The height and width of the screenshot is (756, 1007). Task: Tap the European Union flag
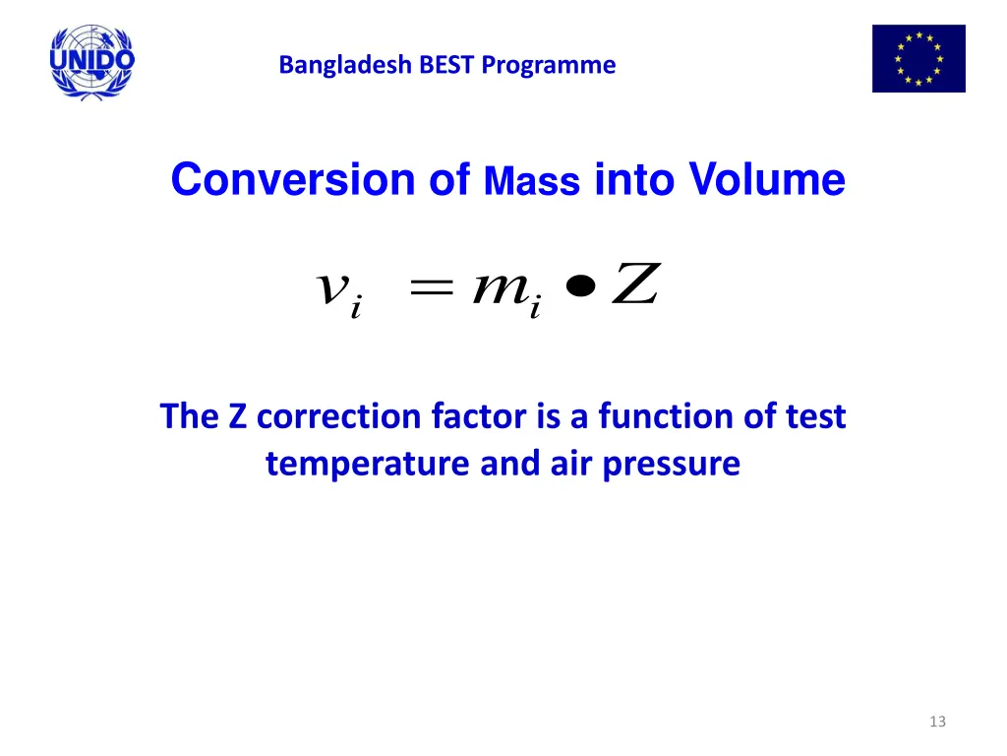tap(918, 59)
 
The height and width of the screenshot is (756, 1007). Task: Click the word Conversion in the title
tap(293, 180)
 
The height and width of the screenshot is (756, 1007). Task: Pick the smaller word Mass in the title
tap(532, 183)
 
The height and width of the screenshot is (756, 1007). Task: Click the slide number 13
tap(936, 722)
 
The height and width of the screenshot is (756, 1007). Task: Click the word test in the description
tap(815, 416)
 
